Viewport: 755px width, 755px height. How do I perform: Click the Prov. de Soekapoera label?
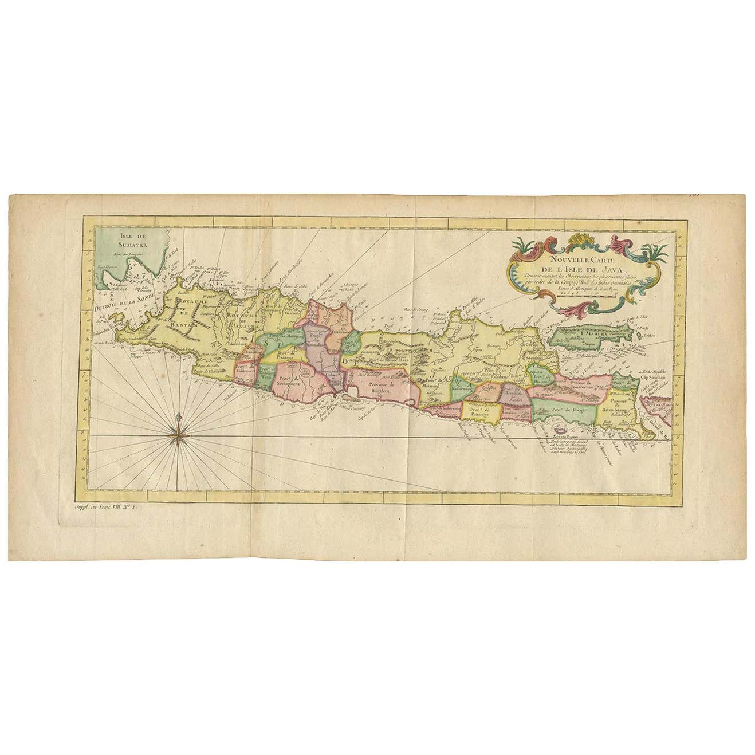pos(292,381)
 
